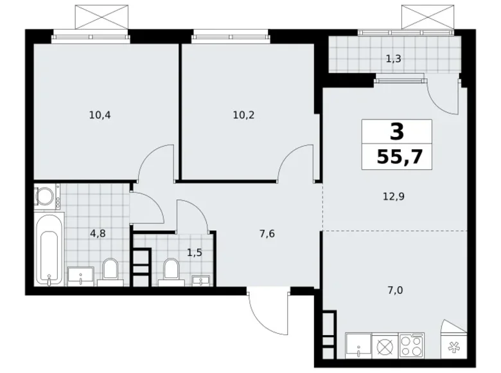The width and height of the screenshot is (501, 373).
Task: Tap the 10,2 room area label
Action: pyautogui.click(x=243, y=116)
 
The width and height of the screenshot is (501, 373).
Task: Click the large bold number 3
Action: pyautogui.click(x=397, y=132)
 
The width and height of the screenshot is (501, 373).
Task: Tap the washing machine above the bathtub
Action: pyautogui.click(x=46, y=196)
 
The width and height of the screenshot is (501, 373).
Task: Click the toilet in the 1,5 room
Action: pyautogui.click(x=170, y=270)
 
